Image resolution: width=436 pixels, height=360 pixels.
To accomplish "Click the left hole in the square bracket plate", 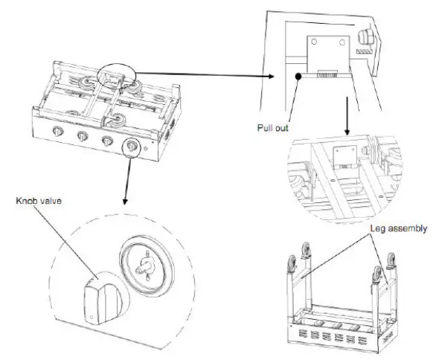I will pyautogui.click(x=315, y=42).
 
